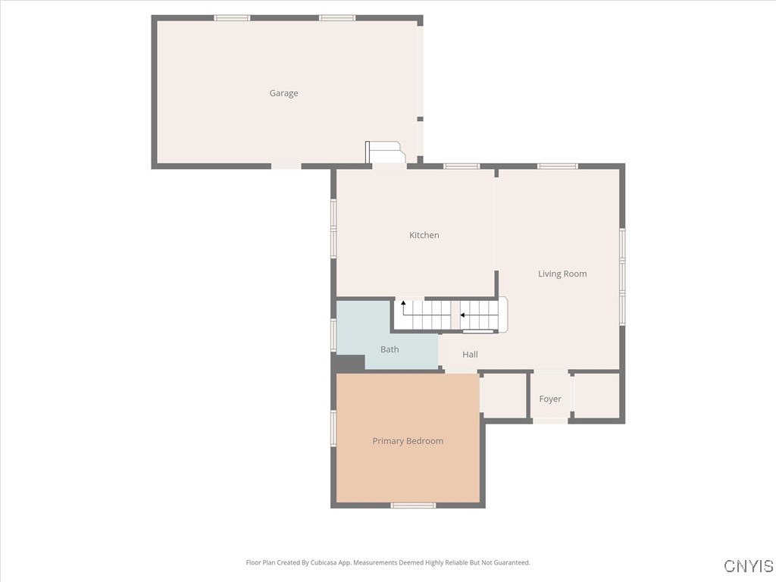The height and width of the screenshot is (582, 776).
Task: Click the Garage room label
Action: [283, 93]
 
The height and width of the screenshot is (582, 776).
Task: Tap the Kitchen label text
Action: [424, 235]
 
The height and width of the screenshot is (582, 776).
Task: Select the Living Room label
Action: [562, 274]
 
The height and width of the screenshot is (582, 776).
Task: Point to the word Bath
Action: [390, 349]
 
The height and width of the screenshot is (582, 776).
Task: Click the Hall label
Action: [470, 354]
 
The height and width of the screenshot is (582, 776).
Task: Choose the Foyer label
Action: [550, 399]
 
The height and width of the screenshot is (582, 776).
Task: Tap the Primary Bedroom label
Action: [408, 441]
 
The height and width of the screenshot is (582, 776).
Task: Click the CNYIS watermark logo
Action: [748, 566]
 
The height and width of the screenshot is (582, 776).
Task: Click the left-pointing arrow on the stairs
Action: [463, 314]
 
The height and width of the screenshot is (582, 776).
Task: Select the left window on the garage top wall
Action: [232, 17]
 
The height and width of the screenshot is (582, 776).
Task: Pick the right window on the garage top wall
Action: [337, 17]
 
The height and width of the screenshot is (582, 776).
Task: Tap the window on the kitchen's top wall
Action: [462, 166]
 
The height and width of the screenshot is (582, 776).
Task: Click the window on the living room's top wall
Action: [558, 166]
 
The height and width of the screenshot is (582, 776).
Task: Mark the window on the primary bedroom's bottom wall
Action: [414, 505]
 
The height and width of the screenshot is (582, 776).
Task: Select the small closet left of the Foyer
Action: [503, 395]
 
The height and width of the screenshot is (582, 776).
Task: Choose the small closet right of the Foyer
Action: [597, 395]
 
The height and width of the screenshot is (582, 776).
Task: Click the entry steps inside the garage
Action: [386, 152]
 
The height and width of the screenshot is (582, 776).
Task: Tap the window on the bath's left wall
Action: [333, 334]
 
